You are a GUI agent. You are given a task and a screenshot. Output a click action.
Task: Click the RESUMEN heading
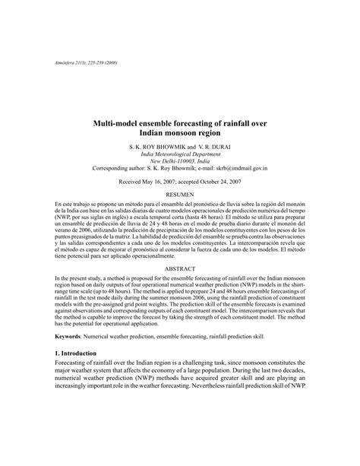(x=180, y=196)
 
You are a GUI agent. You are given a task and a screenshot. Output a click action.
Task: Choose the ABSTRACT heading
(x=180, y=291)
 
